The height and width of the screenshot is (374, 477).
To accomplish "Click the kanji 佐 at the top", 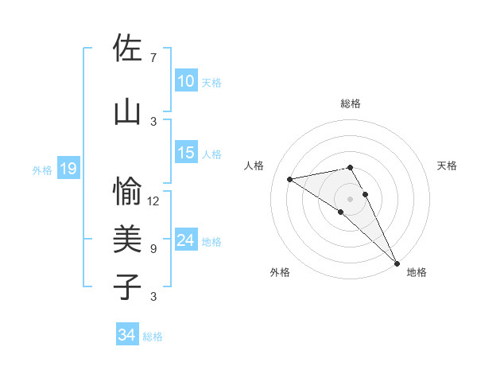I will pos(128,49).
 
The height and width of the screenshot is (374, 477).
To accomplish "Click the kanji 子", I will pos(128,286).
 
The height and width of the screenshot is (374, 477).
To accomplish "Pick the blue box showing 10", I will pos(186,80).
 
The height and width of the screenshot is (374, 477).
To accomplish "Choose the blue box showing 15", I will pos(186,153).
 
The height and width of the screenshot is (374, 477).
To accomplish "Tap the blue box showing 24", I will pos(186,240).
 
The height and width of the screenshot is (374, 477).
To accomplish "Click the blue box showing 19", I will pos(68,169).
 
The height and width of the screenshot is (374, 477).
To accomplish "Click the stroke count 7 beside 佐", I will pos(153,58).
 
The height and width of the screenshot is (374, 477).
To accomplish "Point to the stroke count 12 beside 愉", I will pos(153,201).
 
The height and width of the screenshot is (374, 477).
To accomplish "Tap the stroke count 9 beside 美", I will pos(153,249).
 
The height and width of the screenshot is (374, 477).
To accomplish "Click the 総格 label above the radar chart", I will pos(351,103).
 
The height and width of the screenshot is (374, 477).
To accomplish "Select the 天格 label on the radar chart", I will pos(447,166).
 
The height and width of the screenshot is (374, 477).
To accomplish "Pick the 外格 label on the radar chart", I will pos(280,272).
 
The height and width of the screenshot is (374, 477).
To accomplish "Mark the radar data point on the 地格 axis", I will pos(396,263).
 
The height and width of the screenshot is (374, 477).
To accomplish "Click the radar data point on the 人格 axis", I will pos(290,179).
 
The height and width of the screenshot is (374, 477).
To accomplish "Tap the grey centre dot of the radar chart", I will pos(351,198).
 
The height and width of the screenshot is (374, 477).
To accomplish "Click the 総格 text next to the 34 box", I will pos(153,337).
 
